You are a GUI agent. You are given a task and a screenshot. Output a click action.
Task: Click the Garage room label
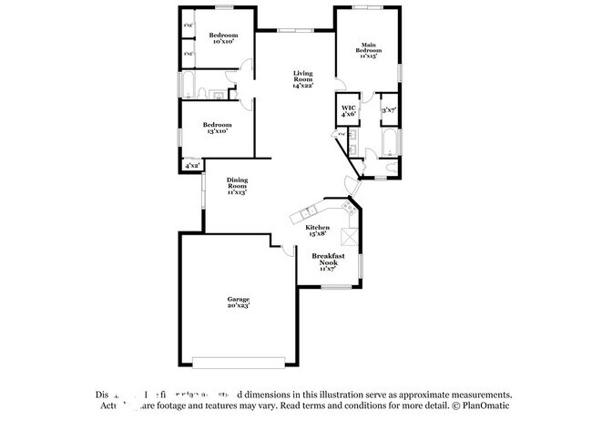(x=239, y=302)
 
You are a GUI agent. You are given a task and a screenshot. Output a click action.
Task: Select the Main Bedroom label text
(x=368, y=50)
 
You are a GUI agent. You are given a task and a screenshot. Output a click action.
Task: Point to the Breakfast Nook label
(x=328, y=262)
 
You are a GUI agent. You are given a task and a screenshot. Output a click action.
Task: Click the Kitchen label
(x=317, y=231)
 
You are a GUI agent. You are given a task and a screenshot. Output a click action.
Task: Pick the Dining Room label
(x=237, y=186)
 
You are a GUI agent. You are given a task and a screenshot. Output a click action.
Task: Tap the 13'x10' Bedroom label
(x=217, y=128)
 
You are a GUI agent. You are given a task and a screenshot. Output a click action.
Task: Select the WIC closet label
(x=348, y=111)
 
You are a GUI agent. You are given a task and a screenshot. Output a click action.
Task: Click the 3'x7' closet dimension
(x=389, y=110)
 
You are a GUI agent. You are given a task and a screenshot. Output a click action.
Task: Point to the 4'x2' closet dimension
(x=192, y=166)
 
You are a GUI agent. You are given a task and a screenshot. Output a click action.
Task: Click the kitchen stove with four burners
(x=349, y=209)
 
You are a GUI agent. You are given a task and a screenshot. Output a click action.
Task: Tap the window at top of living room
(x=293, y=31)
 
